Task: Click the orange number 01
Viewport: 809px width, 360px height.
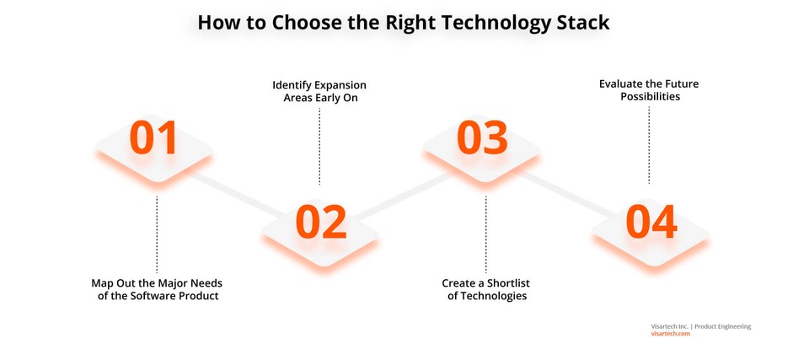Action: coord(153,138)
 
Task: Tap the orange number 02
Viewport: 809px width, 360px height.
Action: coord(320,222)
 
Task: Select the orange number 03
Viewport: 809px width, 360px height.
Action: coord(482,138)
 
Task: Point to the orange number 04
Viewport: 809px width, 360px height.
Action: coord(651,222)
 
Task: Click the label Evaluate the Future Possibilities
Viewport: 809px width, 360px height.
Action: coord(649,90)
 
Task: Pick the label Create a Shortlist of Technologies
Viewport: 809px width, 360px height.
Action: coord(486,289)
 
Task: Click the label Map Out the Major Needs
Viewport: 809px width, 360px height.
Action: coord(157,282)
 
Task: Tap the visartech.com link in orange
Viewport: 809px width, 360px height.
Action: coord(670,334)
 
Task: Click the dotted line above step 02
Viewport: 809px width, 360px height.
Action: coord(319,147)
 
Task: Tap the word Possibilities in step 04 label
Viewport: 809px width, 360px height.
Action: coord(650,97)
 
